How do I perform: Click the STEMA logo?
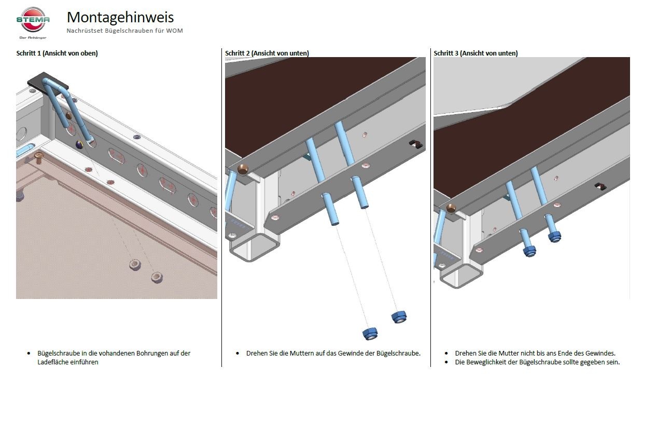point(33,21)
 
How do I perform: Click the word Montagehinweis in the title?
point(120,17)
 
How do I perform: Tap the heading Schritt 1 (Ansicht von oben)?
point(57,53)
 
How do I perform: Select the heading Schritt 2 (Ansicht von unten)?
point(267,53)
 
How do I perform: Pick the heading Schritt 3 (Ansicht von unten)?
point(476,53)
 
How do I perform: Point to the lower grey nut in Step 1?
point(157,277)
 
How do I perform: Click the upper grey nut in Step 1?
point(135,265)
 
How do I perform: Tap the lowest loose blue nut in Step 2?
point(369,333)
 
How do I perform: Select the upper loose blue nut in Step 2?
point(398,316)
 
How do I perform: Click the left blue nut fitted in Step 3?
point(530,251)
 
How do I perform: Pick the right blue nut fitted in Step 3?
point(554,237)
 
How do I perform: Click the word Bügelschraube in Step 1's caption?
point(58,353)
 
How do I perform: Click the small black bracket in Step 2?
point(416,144)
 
